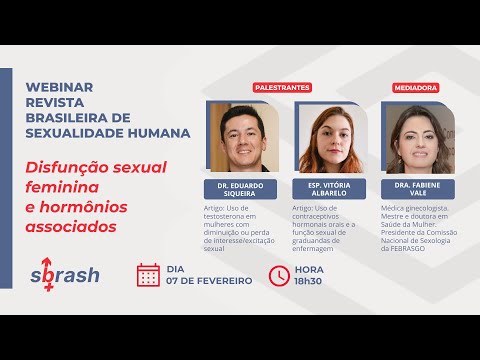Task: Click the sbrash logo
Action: pos(64,275)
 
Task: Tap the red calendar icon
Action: pos(148,275)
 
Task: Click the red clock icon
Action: pos(280,275)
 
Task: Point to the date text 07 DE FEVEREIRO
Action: pos(210,281)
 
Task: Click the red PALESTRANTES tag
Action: pos(282,88)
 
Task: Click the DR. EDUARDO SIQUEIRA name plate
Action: pos(242,188)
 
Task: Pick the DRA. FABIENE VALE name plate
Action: pos(417,188)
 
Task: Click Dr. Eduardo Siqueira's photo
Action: pos(242,137)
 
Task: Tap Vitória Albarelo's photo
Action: pos(329,137)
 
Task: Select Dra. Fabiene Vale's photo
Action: pos(417,137)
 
